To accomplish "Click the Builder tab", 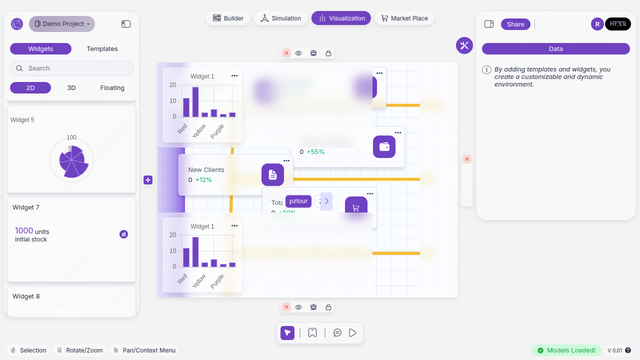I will click(228, 18).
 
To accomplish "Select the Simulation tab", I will click(280, 18).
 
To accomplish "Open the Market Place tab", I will click(404, 18).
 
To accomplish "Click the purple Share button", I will click(515, 24).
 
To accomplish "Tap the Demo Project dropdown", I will click(62, 24).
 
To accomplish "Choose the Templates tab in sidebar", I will click(102, 49).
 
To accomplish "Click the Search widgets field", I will click(71, 68).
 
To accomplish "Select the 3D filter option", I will click(71, 88).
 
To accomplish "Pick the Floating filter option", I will click(112, 88).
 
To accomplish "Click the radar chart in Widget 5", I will click(71, 160).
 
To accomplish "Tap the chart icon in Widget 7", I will click(123, 234).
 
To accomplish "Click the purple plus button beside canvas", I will click(148, 180).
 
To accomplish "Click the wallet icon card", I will click(384, 147).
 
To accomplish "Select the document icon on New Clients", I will click(272, 174).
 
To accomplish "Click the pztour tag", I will click(298, 201).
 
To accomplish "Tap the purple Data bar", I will click(555, 49).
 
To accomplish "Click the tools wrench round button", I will click(464, 45).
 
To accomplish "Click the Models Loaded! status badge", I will click(566, 350).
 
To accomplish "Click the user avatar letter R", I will click(597, 24).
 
